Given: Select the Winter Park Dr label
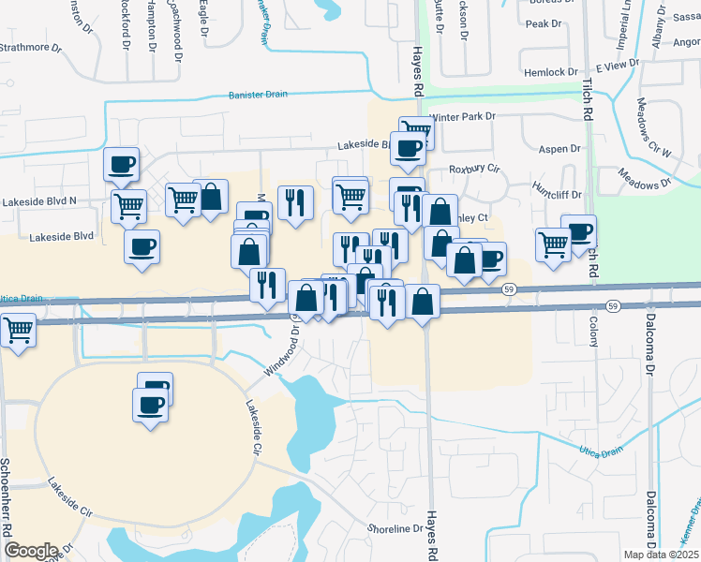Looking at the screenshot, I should [461, 117].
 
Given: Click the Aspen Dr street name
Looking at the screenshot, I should [560, 149].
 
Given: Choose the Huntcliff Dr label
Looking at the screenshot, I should [557, 195].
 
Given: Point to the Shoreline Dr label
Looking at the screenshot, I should [395, 529].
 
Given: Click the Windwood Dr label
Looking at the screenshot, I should [282, 350].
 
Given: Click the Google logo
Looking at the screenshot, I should [30, 550].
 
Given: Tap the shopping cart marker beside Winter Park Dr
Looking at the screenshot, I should [416, 131].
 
